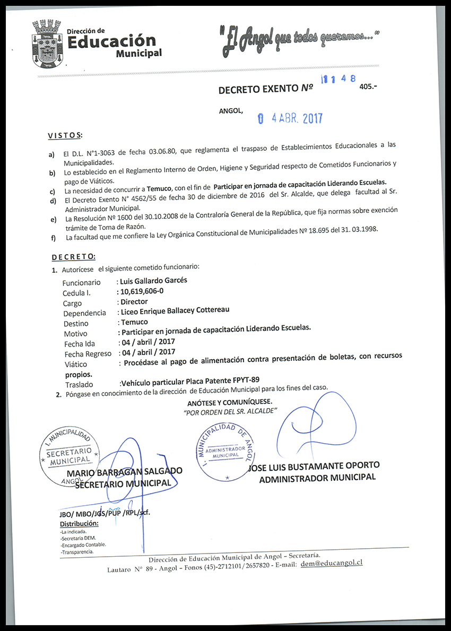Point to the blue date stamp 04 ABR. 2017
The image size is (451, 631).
point(289,119)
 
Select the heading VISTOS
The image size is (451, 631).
point(65,135)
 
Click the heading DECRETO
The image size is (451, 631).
point(73,257)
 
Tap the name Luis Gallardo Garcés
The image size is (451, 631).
point(154,280)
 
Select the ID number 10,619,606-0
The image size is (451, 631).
point(142,291)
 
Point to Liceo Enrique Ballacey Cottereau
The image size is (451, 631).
point(175,311)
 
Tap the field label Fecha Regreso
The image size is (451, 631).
point(88,353)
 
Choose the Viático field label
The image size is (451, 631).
point(75,364)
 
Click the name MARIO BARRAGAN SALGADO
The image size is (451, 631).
point(125,472)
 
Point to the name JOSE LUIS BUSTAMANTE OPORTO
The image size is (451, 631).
point(314,466)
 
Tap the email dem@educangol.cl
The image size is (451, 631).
point(331,563)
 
